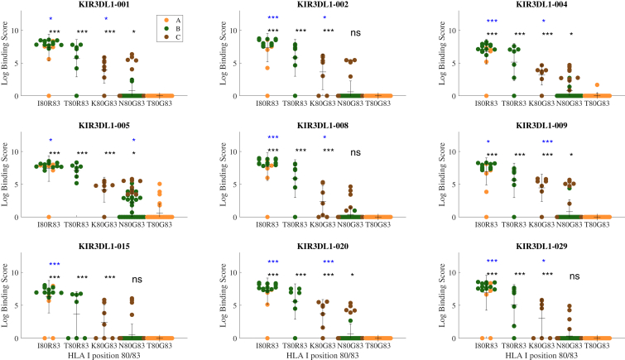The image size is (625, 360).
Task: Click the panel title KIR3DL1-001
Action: point(104,4)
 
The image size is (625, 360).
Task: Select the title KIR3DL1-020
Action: point(323,247)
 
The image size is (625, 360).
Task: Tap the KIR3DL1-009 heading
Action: point(541,126)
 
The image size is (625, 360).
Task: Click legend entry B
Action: point(178,29)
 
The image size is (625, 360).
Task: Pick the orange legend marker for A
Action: point(166,21)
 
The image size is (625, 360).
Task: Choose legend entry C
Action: point(178,37)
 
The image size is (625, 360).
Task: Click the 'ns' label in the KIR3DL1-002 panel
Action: point(356,33)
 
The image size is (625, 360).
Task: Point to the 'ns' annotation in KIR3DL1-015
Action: point(137,280)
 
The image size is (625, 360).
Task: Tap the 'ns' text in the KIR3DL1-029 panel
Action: point(575,276)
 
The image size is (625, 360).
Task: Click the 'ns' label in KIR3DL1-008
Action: point(356,152)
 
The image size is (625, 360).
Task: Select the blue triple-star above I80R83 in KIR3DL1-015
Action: point(55,264)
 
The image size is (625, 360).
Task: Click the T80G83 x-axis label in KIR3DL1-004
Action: point(597,103)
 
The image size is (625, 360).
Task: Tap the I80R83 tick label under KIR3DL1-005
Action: point(49,224)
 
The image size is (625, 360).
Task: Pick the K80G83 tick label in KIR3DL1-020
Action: point(323,346)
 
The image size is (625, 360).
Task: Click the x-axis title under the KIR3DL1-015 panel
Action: point(104,355)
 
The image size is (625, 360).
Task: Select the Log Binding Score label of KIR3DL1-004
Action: point(442,53)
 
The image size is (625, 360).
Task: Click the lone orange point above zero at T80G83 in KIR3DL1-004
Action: point(597,85)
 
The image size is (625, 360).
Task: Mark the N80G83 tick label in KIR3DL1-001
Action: point(131,103)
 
